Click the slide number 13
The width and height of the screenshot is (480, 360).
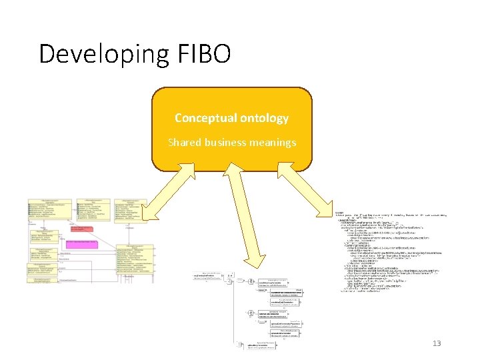tap(437, 343)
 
